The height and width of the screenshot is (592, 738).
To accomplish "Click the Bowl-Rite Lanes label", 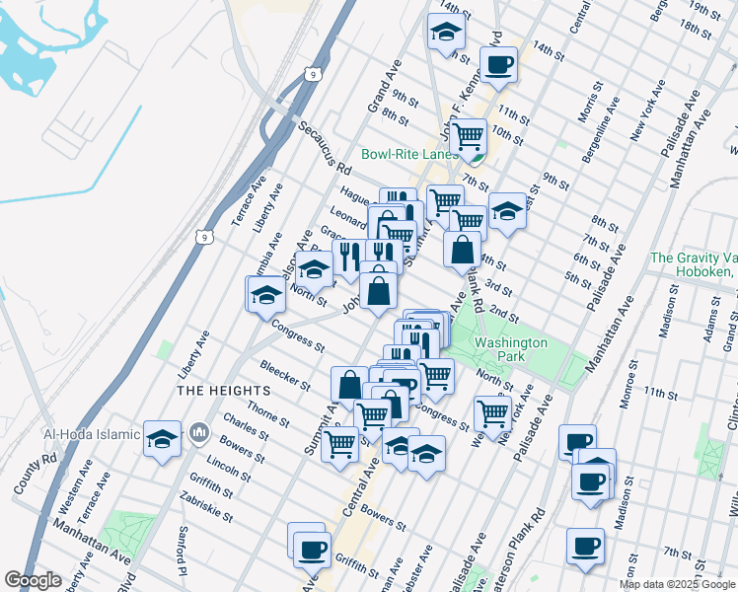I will (x=409, y=154).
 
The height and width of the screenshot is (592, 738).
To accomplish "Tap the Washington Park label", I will (x=510, y=349).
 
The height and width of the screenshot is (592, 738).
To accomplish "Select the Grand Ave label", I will (x=383, y=90).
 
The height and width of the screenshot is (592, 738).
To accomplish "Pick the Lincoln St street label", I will (x=228, y=467).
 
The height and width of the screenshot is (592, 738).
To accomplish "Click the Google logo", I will (x=34, y=580).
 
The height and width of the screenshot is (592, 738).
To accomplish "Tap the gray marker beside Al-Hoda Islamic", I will (x=199, y=431).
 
